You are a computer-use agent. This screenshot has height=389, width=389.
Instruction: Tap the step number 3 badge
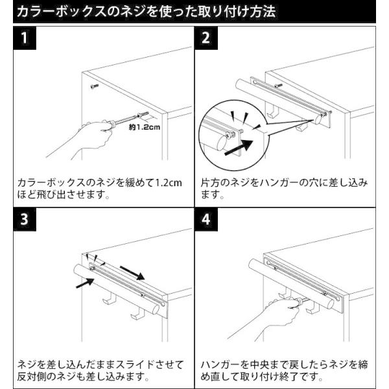pyautogui.click(x=24, y=220)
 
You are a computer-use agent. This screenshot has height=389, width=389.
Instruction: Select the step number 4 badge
pyautogui.click(x=207, y=220)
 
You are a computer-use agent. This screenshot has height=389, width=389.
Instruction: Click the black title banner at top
pyautogui.click(x=194, y=11)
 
